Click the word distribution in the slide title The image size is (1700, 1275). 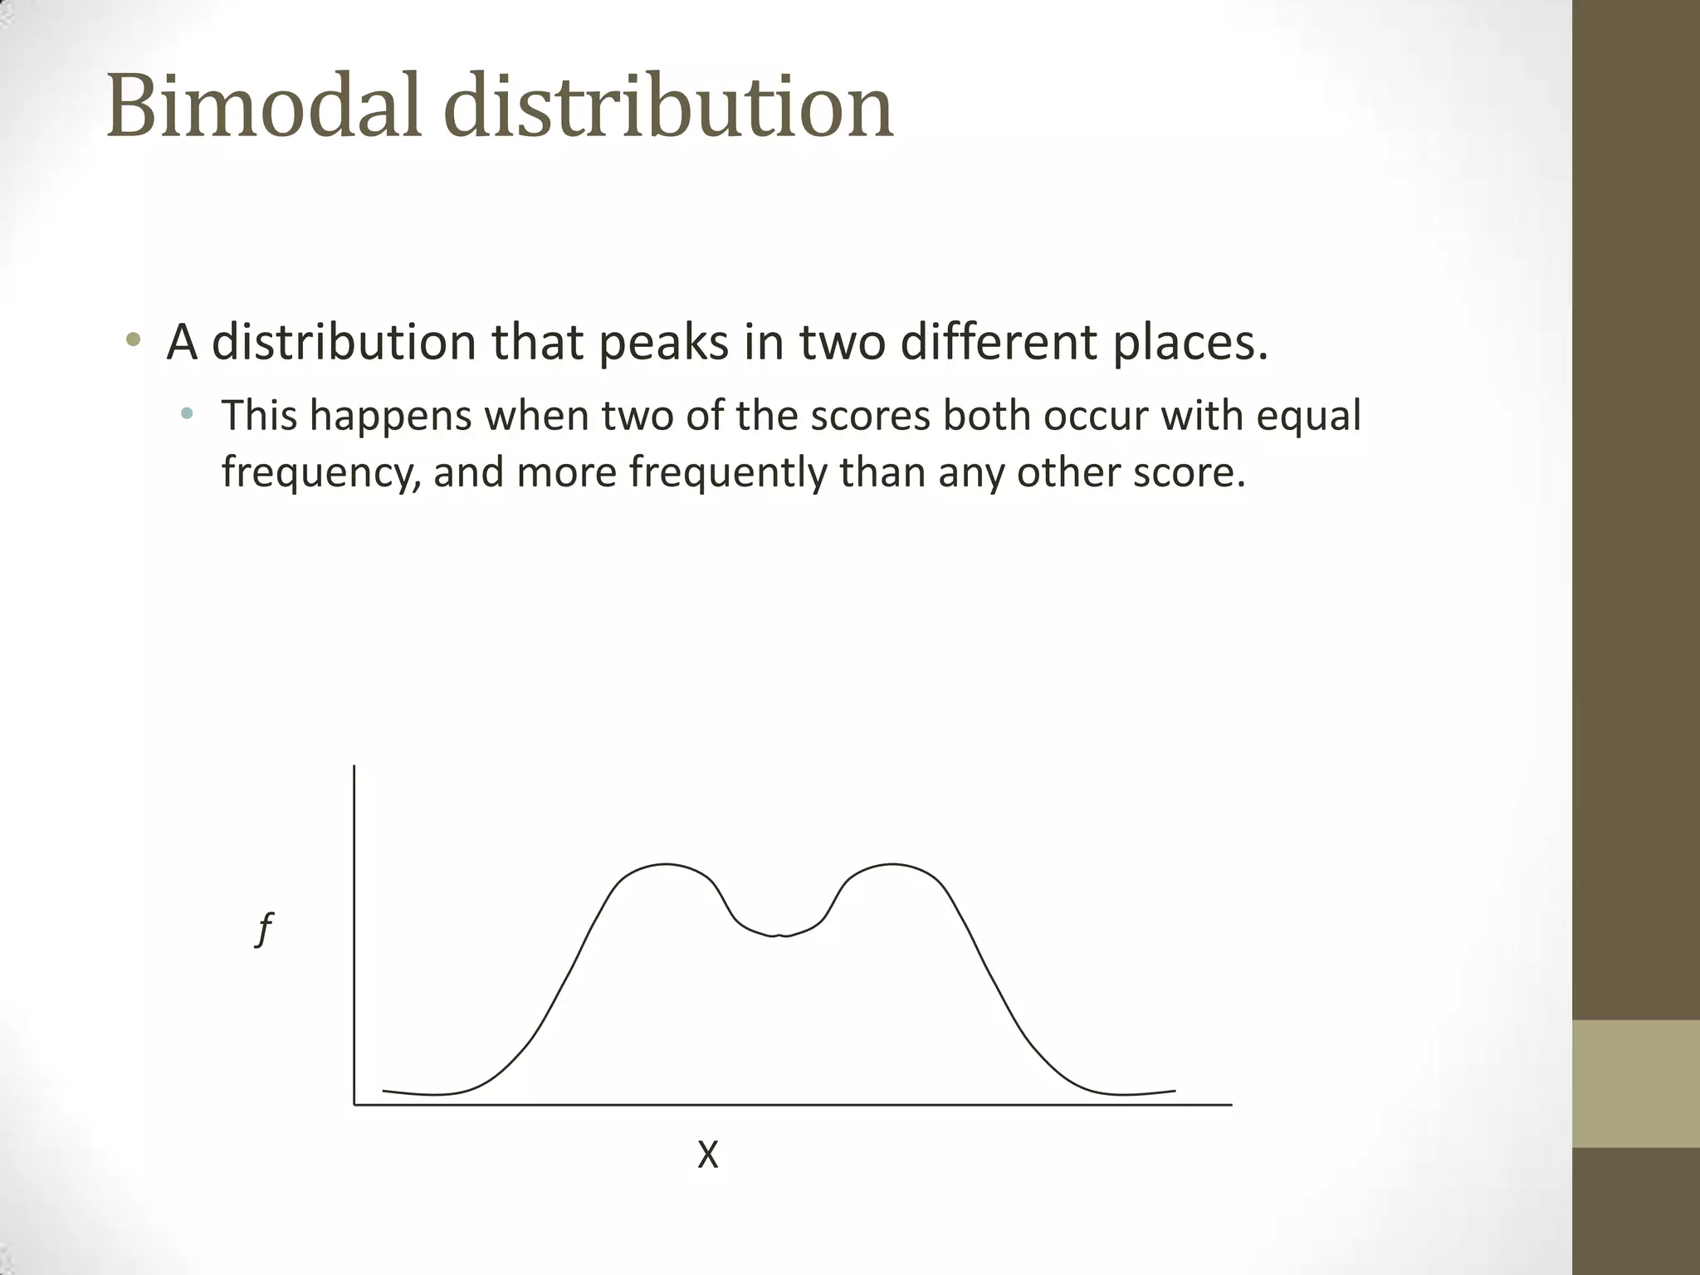[x=669, y=106]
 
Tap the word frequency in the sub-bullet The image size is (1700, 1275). [x=321, y=473]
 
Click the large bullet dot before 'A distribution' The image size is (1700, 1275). [x=133, y=340]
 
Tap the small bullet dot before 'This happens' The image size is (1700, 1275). [x=187, y=413]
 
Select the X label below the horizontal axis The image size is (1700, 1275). [x=707, y=1155]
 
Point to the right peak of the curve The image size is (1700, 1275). [x=892, y=865]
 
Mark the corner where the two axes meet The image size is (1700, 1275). [x=354, y=1105]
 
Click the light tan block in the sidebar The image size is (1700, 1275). [x=1636, y=1083]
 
